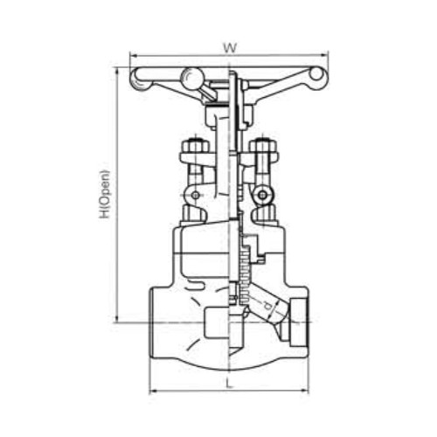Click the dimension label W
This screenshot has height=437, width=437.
pyautogui.click(x=230, y=48)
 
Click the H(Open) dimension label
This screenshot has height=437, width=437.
pyautogui.click(x=105, y=194)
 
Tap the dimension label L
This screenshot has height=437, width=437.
pyautogui.click(x=230, y=383)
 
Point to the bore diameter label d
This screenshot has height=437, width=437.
pyautogui.click(x=267, y=306)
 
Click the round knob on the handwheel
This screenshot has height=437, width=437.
pyautogui.click(x=191, y=77)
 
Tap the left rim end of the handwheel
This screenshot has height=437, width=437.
pyautogui.click(x=141, y=80)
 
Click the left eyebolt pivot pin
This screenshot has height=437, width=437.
pyautogui.click(x=196, y=195)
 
